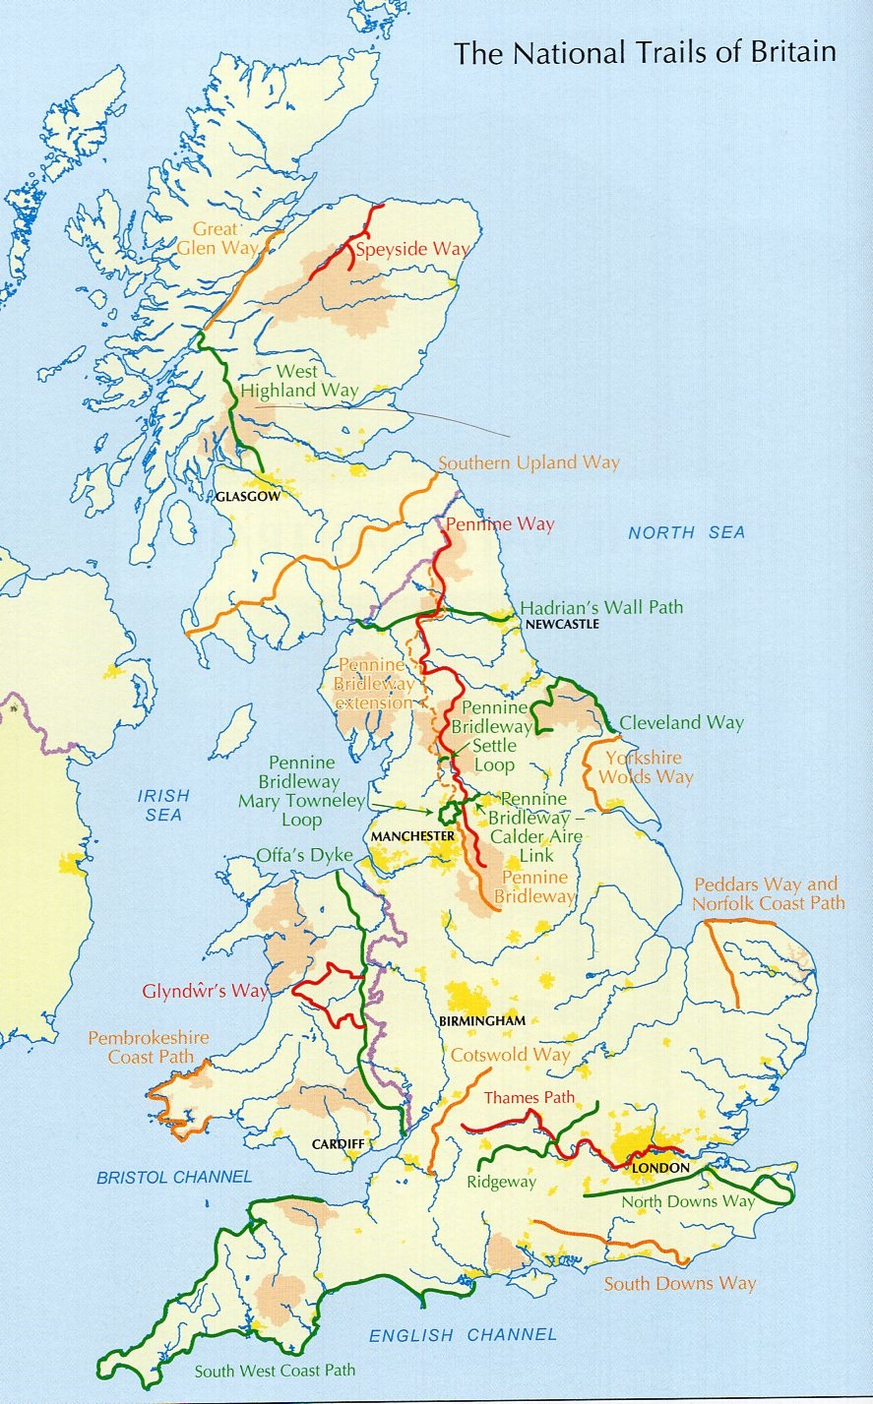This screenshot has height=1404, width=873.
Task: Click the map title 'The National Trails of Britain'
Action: [645, 52]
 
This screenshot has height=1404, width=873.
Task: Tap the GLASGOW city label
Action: [246, 497]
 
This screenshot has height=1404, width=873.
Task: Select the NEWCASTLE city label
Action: [562, 625]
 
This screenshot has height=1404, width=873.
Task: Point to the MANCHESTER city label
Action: [412, 836]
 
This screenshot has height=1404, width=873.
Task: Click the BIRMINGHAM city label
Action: [482, 1021]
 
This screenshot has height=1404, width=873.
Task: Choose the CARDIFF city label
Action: [339, 1144]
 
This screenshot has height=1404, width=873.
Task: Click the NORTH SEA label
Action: [687, 532]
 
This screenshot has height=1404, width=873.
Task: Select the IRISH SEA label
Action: [163, 805]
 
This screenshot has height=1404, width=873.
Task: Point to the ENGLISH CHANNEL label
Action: [463, 1335]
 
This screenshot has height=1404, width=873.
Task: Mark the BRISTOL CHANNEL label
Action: [174, 1177]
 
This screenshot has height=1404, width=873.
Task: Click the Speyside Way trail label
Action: [412, 249]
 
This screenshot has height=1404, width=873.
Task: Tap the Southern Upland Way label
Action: [529, 462]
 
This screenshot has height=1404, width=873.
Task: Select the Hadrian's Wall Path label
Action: [601, 607]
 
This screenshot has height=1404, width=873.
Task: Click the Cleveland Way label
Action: [681, 722]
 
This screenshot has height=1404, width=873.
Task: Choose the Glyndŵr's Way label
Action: [205, 991]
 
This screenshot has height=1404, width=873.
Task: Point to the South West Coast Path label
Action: [275, 1370]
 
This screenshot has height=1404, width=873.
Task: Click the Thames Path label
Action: [529, 1098]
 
